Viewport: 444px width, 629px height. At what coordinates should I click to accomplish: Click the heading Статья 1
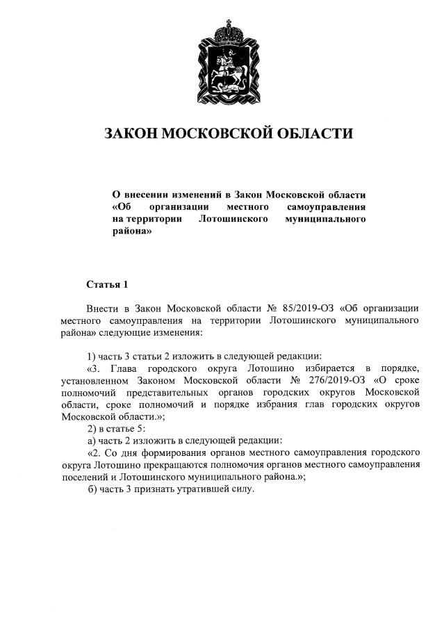pyautogui.click(x=107, y=284)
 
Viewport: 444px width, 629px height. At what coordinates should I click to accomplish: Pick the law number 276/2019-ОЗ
pyautogui.click(x=338, y=380)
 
